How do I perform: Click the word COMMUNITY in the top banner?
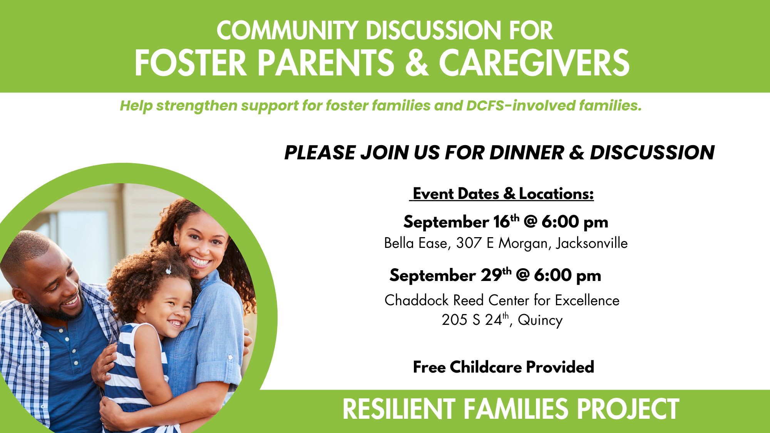pos(287,30)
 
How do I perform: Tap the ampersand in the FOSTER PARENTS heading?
pos(417,63)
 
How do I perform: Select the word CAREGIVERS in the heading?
pos(534,63)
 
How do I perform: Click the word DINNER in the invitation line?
pos(527,152)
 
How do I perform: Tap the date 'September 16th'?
pos(461,222)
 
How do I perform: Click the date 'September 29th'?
pos(450,275)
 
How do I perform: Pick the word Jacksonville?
pos(592,243)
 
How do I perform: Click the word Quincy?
pos(540,320)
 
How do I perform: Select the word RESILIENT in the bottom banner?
pos(399,409)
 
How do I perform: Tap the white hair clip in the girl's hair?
pos(168,270)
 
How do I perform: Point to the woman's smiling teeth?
pos(200,261)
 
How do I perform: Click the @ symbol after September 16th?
pos(530,222)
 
